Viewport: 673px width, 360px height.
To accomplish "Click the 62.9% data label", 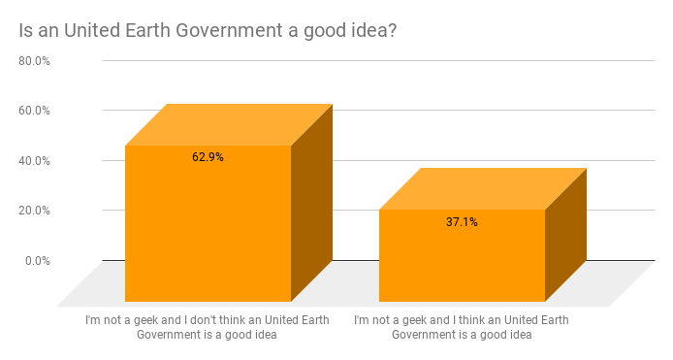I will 208,156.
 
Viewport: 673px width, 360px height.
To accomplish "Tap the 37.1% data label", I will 462,222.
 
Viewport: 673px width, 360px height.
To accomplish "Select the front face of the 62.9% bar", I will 208,233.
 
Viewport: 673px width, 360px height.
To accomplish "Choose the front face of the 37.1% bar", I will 462,262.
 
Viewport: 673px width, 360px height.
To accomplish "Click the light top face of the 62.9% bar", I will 229,124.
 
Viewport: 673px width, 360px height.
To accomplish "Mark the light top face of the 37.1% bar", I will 483,188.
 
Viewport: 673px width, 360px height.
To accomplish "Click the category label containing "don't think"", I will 208,327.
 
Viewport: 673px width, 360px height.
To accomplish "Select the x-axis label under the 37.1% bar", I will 462,327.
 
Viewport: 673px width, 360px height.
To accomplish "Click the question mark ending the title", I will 393,30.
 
